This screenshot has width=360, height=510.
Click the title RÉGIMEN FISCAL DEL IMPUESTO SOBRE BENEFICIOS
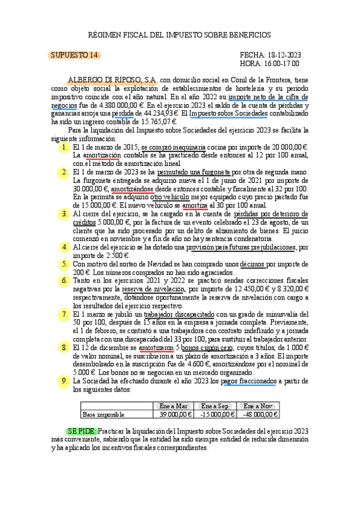180,35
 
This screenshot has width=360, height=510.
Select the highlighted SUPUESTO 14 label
75,55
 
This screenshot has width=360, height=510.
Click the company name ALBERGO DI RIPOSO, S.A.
112,79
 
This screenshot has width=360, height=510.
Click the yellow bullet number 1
64,146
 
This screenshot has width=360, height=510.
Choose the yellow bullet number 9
64,381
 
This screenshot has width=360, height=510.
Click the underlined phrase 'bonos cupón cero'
207,347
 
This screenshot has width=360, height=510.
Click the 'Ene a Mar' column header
172,406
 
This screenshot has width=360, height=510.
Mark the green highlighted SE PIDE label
80,431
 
